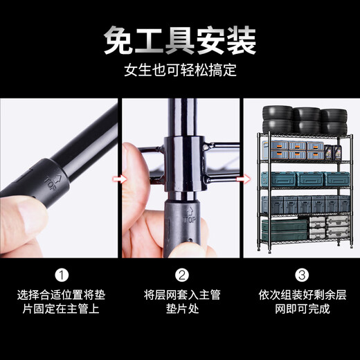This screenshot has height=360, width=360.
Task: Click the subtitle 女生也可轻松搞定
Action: point(180,71)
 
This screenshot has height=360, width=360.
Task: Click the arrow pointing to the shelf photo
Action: point(240,179)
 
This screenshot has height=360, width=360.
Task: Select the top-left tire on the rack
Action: point(276,115)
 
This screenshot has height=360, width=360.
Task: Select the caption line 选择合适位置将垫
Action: point(61,294)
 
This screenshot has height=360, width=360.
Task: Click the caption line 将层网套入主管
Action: point(182,294)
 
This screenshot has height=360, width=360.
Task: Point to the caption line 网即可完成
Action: point(302,309)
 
